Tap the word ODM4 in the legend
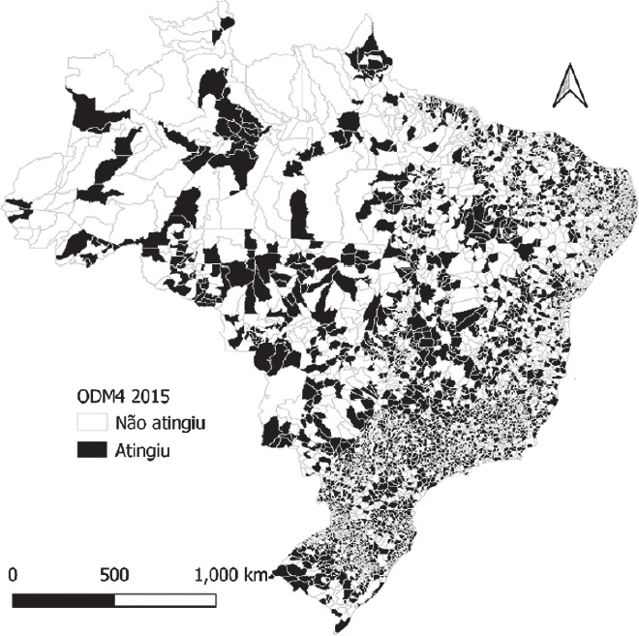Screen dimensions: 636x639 pyautogui.click(x=101, y=397)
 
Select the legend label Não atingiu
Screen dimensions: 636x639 pyautogui.click(x=159, y=422)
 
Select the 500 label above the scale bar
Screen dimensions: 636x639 pyautogui.click(x=115, y=574)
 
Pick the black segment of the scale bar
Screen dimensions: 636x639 pyautogui.click(x=63, y=600)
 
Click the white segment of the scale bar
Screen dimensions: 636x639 pyautogui.click(x=165, y=600)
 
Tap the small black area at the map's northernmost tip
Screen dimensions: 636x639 pyautogui.click(x=228, y=21)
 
